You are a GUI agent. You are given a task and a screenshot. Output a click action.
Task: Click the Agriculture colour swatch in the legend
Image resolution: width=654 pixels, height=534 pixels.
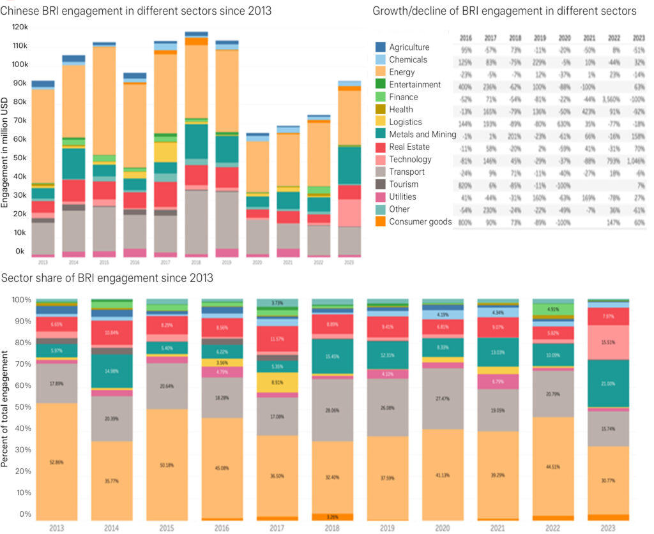pos(381,47)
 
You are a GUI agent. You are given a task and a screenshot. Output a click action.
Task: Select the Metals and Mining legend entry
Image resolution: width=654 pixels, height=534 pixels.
pos(422,135)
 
